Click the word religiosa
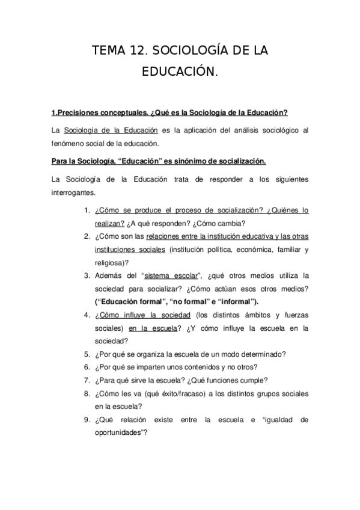tap(111, 262)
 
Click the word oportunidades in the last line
tap(119, 432)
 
